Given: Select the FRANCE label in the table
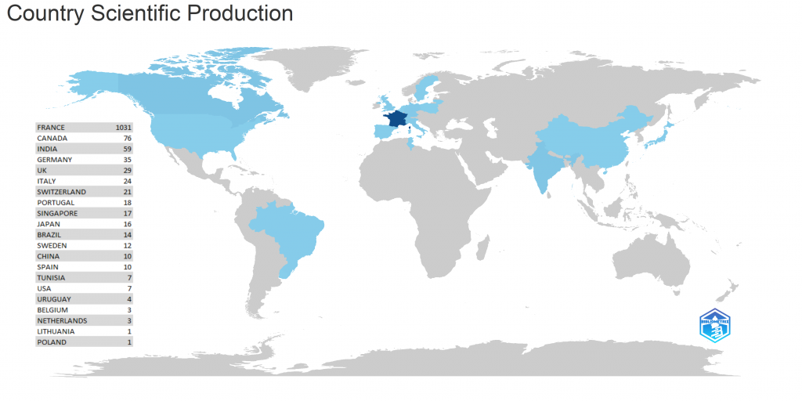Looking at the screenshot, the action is (x=51, y=128).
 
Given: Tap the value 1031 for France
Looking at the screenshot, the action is (x=123, y=128).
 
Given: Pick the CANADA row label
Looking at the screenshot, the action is (x=52, y=139).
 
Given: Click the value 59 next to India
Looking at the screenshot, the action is (x=127, y=149).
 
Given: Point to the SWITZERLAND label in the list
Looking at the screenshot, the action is (x=61, y=192).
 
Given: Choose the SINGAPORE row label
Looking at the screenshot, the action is (x=57, y=213).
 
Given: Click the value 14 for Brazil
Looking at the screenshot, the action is (x=127, y=235).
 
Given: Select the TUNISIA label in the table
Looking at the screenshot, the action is (x=51, y=278).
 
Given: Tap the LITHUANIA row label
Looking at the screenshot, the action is (x=56, y=331).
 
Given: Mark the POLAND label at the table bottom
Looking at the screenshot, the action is (x=52, y=342).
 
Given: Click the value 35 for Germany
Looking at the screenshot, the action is (x=127, y=160).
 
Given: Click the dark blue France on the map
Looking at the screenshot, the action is (x=395, y=120).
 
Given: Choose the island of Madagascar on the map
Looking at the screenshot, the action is (x=484, y=259).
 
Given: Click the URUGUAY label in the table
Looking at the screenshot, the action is (x=54, y=299).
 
